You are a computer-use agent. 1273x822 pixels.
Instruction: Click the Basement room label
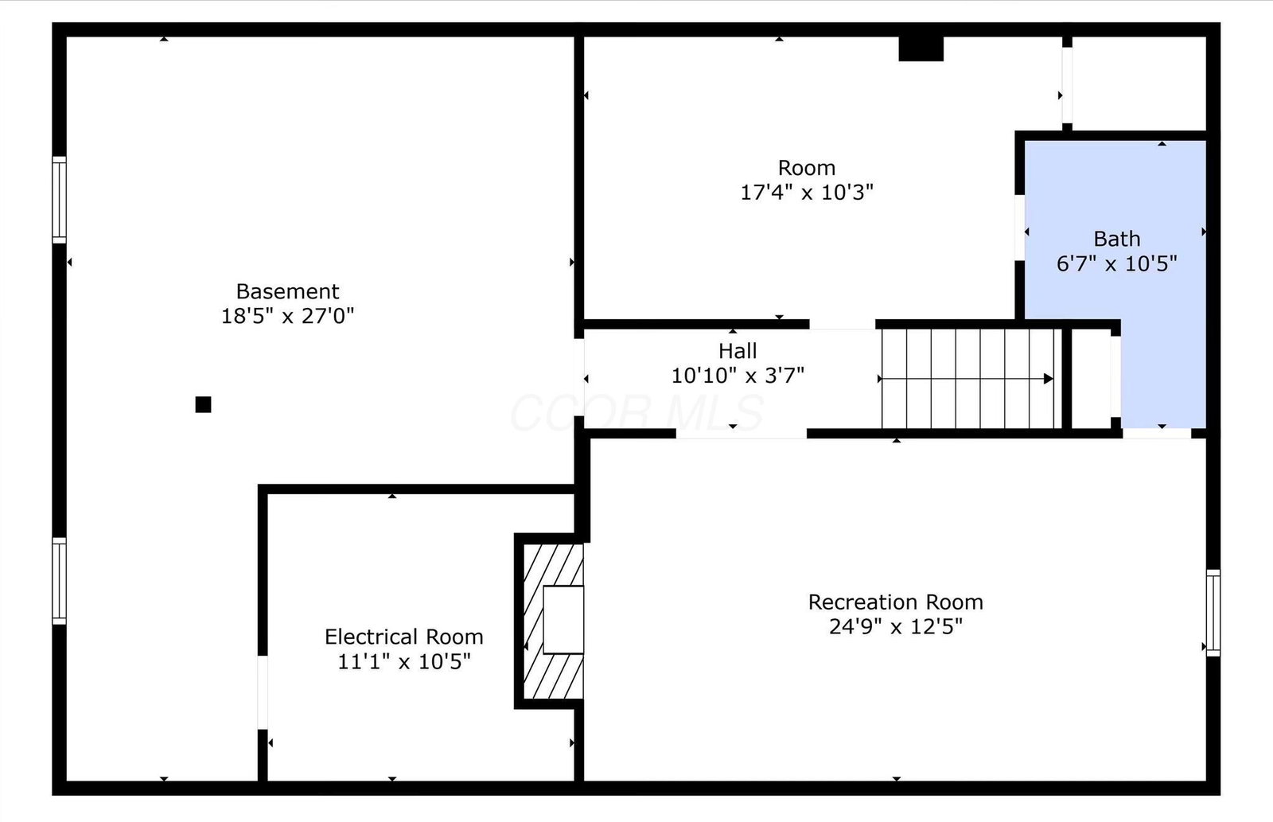pyautogui.click(x=287, y=291)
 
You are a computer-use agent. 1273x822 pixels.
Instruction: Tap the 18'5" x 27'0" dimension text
pyautogui.click(x=287, y=316)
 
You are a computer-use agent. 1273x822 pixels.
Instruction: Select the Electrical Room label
pyautogui.click(x=404, y=637)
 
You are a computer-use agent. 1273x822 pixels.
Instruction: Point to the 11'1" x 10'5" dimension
pyautogui.click(x=404, y=662)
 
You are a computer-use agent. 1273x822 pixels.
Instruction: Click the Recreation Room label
pyautogui.click(x=896, y=602)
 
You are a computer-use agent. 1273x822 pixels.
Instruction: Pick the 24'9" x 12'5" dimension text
pyautogui.click(x=896, y=626)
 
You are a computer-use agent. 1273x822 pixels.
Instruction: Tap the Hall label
pyautogui.click(x=738, y=351)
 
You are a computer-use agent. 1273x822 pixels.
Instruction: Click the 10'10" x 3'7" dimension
pyautogui.click(x=738, y=376)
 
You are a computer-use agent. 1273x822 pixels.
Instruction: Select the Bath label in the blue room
pyautogui.click(x=1117, y=239)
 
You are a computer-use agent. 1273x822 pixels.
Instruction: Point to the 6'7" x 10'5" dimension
pyautogui.click(x=1117, y=263)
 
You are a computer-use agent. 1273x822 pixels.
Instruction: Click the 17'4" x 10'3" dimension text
pyautogui.click(x=807, y=192)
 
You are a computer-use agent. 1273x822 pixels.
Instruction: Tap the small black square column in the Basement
pyautogui.click(x=204, y=404)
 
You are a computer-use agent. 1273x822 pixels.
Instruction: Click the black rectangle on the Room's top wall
pyautogui.click(x=921, y=49)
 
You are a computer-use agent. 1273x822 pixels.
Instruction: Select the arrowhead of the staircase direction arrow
pyautogui.click(x=1049, y=379)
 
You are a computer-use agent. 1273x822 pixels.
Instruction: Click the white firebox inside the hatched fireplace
pyautogui.click(x=563, y=620)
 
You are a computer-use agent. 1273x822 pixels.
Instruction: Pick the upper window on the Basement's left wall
pyautogui.click(x=59, y=200)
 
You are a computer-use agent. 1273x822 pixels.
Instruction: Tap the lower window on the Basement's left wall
pyautogui.click(x=59, y=581)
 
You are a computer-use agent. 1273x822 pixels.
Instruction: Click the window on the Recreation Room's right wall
pyautogui.click(x=1213, y=613)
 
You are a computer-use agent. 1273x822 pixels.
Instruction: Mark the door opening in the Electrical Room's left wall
pyautogui.click(x=263, y=692)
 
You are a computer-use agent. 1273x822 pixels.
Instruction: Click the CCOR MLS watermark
pyautogui.click(x=637, y=413)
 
